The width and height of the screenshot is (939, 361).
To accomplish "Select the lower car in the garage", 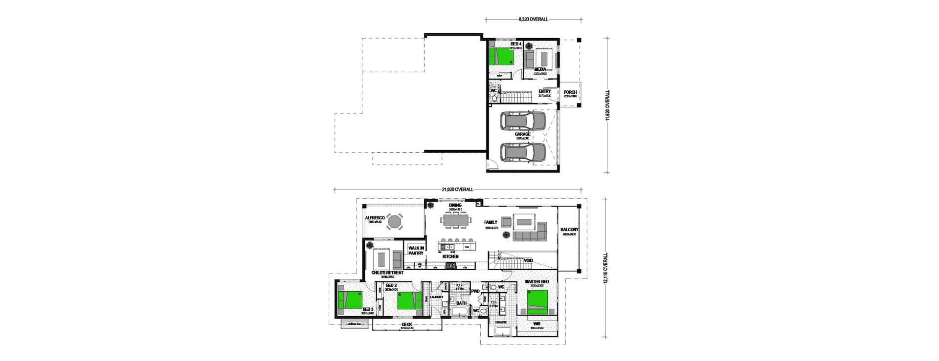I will tap(522, 152).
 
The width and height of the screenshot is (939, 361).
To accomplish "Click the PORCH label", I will tap(570, 92).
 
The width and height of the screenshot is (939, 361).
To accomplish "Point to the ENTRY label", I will tap(544, 91).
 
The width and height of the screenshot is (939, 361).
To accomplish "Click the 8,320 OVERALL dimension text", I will tap(533, 20).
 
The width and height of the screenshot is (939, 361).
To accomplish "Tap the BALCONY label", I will tap(570, 230).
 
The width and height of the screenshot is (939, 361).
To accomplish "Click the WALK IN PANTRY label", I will tap(416, 251).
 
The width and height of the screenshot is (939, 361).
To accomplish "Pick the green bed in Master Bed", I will tap(541, 302).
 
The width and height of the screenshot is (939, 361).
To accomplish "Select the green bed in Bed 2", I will tap(409, 301).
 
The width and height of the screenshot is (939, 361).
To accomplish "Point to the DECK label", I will tap(407, 324).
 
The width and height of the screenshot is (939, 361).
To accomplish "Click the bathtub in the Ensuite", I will tap(502, 333).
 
